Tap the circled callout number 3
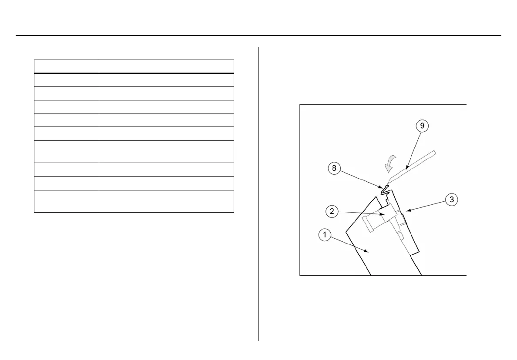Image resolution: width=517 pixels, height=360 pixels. pos(452,200)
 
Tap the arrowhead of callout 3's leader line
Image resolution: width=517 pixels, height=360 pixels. pos(406,212)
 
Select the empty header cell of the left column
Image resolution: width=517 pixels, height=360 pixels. pos(66,66)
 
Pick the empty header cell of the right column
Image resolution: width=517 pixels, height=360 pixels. pos(166,66)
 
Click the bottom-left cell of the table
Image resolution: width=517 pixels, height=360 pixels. pos(66,201)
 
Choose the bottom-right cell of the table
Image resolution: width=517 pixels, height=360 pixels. pos(166,201)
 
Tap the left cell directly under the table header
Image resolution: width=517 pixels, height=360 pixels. pos(66,80)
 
